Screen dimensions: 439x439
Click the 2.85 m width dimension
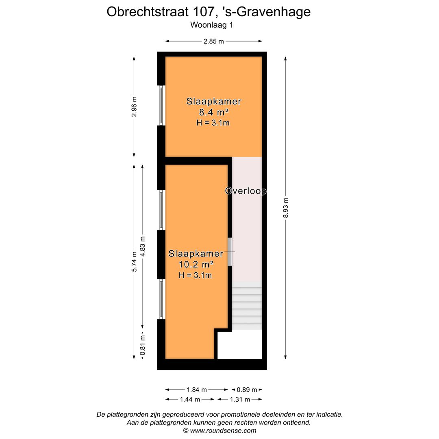click(x=214, y=41)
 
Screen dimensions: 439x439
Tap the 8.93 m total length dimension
click(x=286, y=208)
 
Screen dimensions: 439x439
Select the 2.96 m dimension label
click(x=134, y=106)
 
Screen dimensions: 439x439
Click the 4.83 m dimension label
click(x=142, y=246)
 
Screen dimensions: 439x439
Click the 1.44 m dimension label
click(x=190, y=399)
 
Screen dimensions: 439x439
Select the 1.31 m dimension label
click(x=240, y=399)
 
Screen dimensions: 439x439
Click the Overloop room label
click(x=246, y=191)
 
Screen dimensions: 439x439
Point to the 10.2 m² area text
click(x=196, y=265)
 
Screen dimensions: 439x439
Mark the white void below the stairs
click(x=239, y=345)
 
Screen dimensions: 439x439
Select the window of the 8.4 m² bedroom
click(x=161, y=105)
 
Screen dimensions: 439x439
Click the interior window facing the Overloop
click(x=230, y=252)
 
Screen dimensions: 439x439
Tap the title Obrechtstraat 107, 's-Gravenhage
click(x=209, y=12)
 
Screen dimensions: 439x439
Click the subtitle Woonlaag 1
click(x=211, y=24)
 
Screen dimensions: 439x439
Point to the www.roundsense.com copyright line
click(x=219, y=430)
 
